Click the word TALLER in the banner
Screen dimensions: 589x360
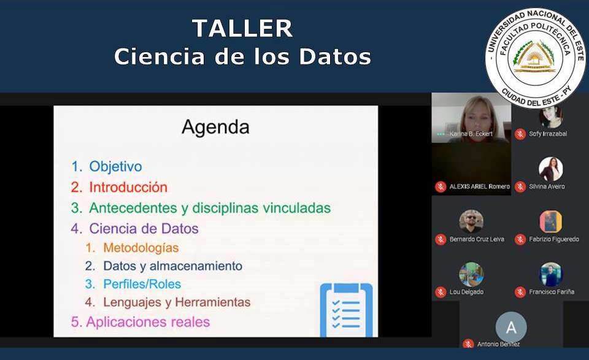click(242, 29)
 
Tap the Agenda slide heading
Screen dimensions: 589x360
click(215, 128)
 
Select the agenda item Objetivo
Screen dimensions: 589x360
click(115, 166)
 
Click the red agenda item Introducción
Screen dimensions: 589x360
click(128, 187)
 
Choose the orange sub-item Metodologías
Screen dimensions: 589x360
click(141, 248)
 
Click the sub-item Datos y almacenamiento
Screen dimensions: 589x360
click(173, 266)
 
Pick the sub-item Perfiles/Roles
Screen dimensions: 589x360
click(142, 284)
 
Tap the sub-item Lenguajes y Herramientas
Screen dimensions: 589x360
click(177, 302)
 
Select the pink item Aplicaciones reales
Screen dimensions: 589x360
click(148, 322)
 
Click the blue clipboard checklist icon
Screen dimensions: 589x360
click(346, 310)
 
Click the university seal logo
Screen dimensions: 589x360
click(536, 58)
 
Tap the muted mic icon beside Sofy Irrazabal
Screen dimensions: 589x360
click(520, 134)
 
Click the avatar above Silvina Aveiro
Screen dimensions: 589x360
click(551, 169)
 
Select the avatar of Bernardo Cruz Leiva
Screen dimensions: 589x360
click(471, 221)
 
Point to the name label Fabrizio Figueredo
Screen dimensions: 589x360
click(554, 239)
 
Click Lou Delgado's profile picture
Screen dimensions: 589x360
click(471, 274)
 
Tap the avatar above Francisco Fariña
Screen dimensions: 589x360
click(551, 274)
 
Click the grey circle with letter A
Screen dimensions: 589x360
click(511, 327)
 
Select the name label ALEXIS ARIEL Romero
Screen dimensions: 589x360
click(480, 186)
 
